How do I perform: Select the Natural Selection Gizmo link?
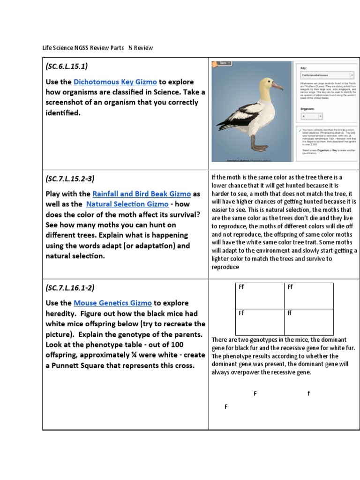(127, 204)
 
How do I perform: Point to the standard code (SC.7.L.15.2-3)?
(72, 179)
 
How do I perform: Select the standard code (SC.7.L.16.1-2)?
(72, 288)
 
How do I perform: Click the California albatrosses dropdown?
(327, 75)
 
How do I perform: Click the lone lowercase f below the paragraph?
(308, 394)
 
